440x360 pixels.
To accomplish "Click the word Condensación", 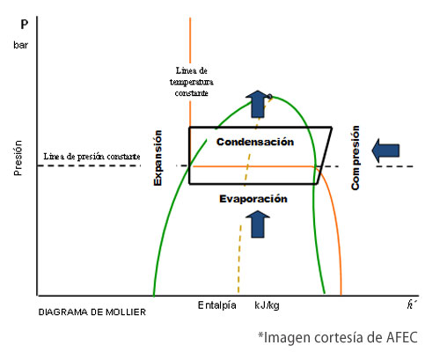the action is [x=255, y=142].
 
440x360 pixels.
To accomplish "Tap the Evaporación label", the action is [x=253, y=199].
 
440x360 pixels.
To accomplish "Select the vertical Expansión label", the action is [x=158, y=158].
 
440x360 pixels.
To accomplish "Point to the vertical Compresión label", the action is [x=356, y=158].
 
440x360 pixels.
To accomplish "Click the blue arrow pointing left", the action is [x=385, y=151].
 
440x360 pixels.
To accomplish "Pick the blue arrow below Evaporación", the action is [x=258, y=224].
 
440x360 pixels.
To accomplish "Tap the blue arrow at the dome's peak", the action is [x=258, y=104].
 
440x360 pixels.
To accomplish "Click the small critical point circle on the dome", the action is [x=269, y=96].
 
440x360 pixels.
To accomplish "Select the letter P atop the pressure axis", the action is [x=25, y=25].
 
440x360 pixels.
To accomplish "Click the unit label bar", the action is [x=20, y=45].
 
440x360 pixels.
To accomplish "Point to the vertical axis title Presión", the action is [x=18, y=158].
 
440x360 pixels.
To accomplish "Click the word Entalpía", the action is [x=217, y=305].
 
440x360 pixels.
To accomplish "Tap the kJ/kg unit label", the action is [x=267, y=305].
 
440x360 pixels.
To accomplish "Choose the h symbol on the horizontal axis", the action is [x=411, y=305].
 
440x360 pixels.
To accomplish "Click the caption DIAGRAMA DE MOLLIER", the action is [x=92, y=312].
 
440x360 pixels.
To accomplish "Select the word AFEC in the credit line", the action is [x=402, y=338].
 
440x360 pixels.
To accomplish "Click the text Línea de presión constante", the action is [x=92, y=157].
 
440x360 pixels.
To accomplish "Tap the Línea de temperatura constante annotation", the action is [x=192, y=82].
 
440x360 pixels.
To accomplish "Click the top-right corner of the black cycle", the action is [x=332, y=128].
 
